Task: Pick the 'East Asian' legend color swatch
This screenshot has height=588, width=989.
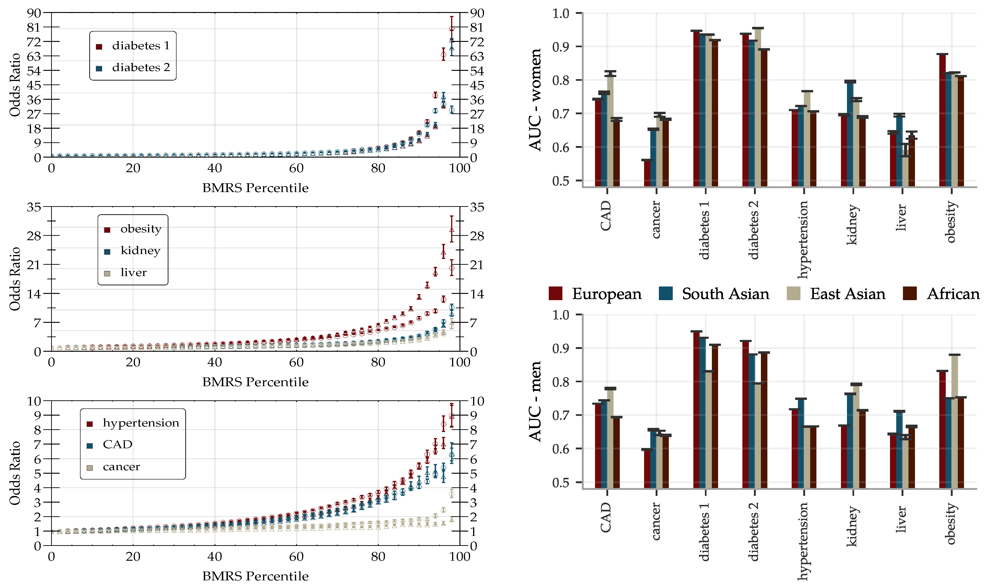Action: point(793,294)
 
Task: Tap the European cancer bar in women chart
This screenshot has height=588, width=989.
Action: point(647,173)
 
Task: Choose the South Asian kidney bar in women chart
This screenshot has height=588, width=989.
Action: point(850,134)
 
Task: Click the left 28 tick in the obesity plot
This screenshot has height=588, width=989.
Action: point(34,236)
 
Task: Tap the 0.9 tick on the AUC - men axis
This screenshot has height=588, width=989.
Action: point(561,348)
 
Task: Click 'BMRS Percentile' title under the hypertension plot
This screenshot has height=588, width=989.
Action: point(255,576)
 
